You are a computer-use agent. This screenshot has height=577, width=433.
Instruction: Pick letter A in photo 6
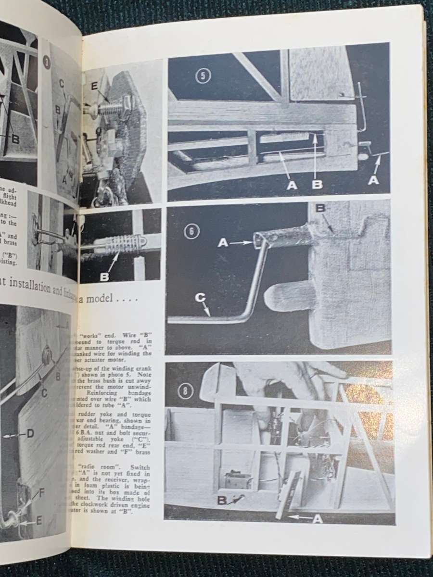coord(222,243)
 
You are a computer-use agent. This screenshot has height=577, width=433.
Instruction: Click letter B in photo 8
coord(222,501)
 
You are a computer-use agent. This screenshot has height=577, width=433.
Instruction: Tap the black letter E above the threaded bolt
coord(94,87)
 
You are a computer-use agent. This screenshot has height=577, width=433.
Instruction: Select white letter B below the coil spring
coord(104,276)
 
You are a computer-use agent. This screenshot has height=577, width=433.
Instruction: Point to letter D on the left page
coord(30,434)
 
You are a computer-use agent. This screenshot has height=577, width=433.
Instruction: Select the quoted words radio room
coord(96,466)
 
